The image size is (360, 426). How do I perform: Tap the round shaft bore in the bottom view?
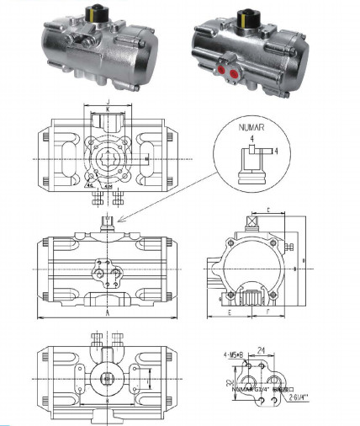(x=107, y=380)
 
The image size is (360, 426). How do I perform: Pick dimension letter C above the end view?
(x=267, y=209)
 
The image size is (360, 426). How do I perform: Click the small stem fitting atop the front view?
(x=107, y=221)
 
